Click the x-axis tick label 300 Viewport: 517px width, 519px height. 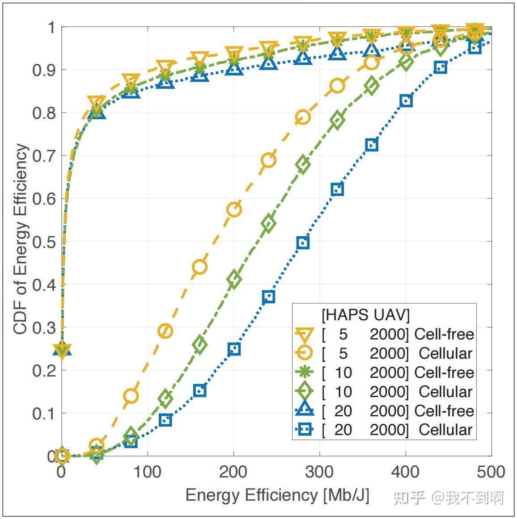(x=319, y=472)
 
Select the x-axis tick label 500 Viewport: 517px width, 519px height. (x=491, y=472)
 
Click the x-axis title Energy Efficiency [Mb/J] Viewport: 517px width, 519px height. (x=277, y=495)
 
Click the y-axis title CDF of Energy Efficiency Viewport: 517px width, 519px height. (x=21, y=239)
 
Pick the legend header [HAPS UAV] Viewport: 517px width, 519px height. (x=365, y=315)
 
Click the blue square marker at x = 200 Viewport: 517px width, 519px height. (x=234, y=349)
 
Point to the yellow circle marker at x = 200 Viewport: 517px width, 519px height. (x=234, y=209)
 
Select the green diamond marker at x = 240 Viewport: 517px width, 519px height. (x=268, y=223)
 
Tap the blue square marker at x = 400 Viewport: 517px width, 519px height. (x=406, y=101)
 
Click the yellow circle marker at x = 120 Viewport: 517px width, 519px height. (x=165, y=331)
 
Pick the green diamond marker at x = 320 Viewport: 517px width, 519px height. (x=337, y=120)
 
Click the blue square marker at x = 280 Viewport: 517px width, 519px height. (x=303, y=243)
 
